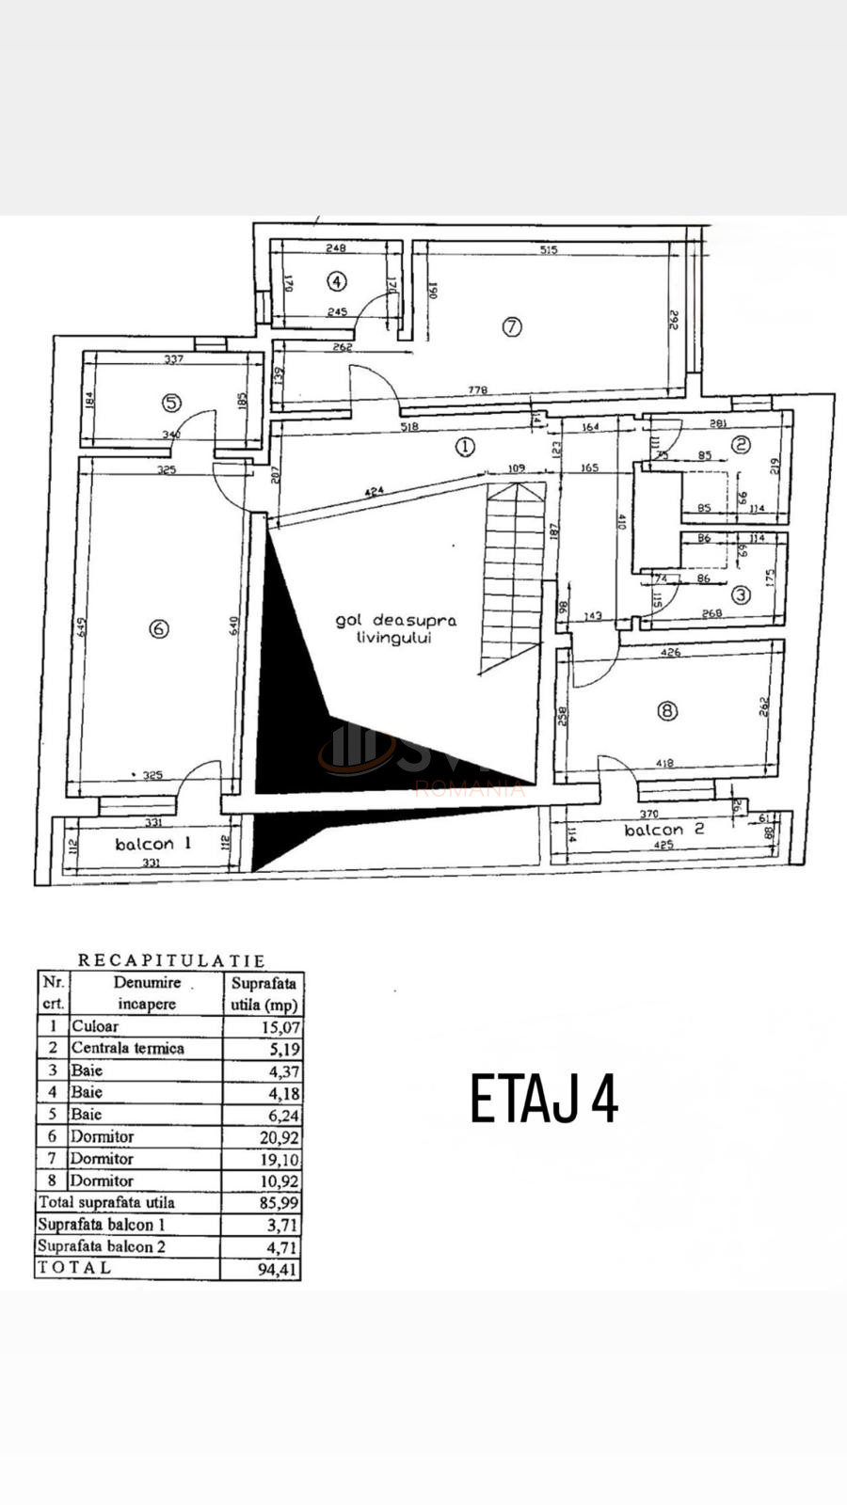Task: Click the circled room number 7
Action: point(511,327)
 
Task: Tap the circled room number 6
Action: point(159,628)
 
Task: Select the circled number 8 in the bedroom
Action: point(667,711)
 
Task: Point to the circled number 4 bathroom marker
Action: point(337,280)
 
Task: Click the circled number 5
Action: point(171,403)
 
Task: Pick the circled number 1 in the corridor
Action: point(465,447)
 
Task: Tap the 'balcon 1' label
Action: point(152,844)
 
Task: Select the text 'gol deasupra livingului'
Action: point(395,629)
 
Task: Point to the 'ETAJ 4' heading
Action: point(544,1099)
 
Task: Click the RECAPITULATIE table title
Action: point(171,960)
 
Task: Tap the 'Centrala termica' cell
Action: point(128,1048)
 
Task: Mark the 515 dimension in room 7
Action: point(549,249)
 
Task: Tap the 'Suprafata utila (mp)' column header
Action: point(264,993)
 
